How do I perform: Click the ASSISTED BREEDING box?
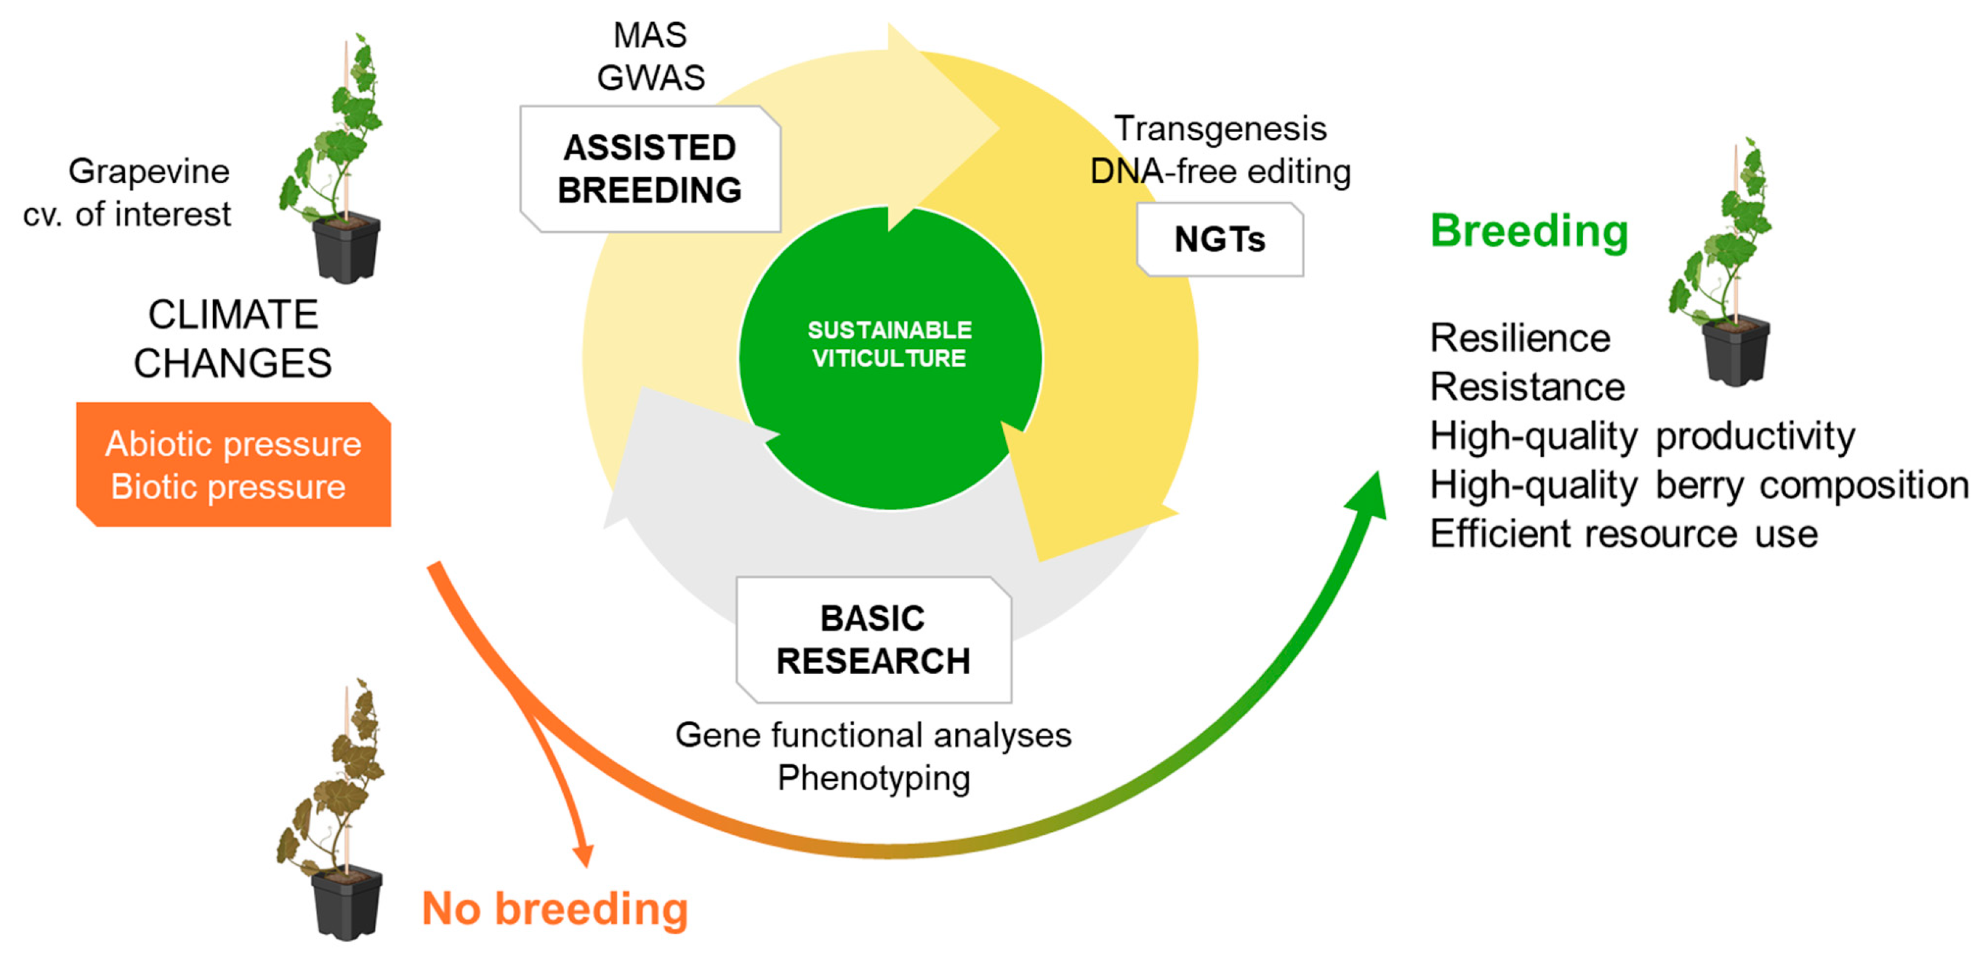coord(650,169)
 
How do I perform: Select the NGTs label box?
coord(1219,239)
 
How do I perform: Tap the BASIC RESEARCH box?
coord(873,640)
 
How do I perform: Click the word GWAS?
coord(650,77)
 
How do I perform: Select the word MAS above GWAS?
coord(650,35)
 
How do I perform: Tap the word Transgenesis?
coord(1220,128)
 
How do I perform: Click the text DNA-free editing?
coord(1220,171)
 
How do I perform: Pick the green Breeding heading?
coord(1529,230)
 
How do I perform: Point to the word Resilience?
coord(1520,338)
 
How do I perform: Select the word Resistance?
coord(1527,387)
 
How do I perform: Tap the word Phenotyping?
coord(873,778)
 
